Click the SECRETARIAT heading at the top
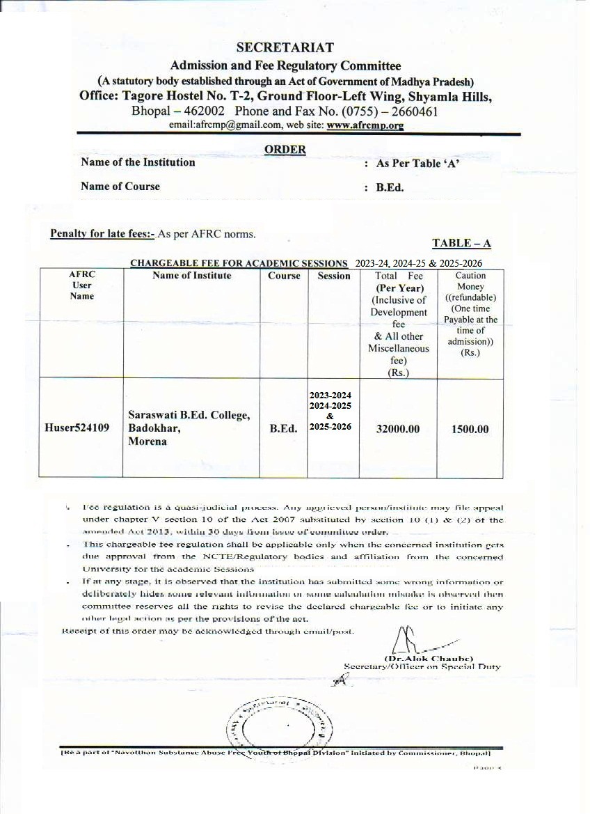pyautogui.click(x=285, y=48)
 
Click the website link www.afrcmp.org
pyautogui.click(x=365, y=125)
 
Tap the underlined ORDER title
pyautogui.click(x=285, y=149)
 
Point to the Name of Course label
pyautogui.click(x=120, y=187)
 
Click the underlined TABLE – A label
pyautogui.click(x=461, y=243)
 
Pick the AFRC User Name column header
pyautogui.click(x=81, y=285)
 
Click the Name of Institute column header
pyautogui.click(x=192, y=276)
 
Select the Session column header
pyautogui.click(x=334, y=276)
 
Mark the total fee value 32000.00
pyautogui.click(x=398, y=430)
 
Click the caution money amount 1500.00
pyautogui.click(x=470, y=430)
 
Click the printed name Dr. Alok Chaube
pyautogui.click(x=429, y=658)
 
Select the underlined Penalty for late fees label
pyautogui.click(x=103, y=233)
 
